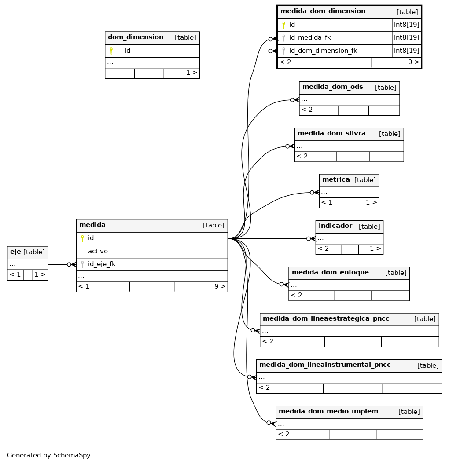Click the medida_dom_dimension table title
pyautogui.click(x=323, y=11)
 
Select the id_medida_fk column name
pyautogui.click(x=310, y=37)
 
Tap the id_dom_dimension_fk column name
pyautogui.click(x=323, y=51)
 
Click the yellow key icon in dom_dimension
pyautogui.click(x=111, y=51)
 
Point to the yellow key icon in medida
pyautogui.click(x=82, y=238)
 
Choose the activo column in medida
pyautogui.click(x=98, y=251)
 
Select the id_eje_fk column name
pyautogui.click(x=102, y=264)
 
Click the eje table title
pyautogui.click(x=15, y=252)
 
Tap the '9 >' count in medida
pyautogui.click(x=220, y=286)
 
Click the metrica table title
pyautogui.click(x=336, y=179)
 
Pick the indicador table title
pyautogui.click(x=335, y=226)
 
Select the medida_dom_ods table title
pyautogui.click(x=333, y=87)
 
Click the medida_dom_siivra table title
pyautogui.click(x=331, y=133)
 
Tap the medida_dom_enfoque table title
pyautogui.click(x=330, y=272)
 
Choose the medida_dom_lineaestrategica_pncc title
pyautogui.click(x=326, y=318)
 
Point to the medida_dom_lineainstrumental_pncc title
pyautogui.click(x=325, y=365)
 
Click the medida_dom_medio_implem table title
pyautogui.click(x=328, y=411)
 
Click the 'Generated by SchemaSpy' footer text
pyautogui.click(x=49, y=455)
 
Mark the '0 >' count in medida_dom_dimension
pyautogui.click(x=413, y=62)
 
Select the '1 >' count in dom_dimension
pyautogui.click(x=191, y=73)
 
